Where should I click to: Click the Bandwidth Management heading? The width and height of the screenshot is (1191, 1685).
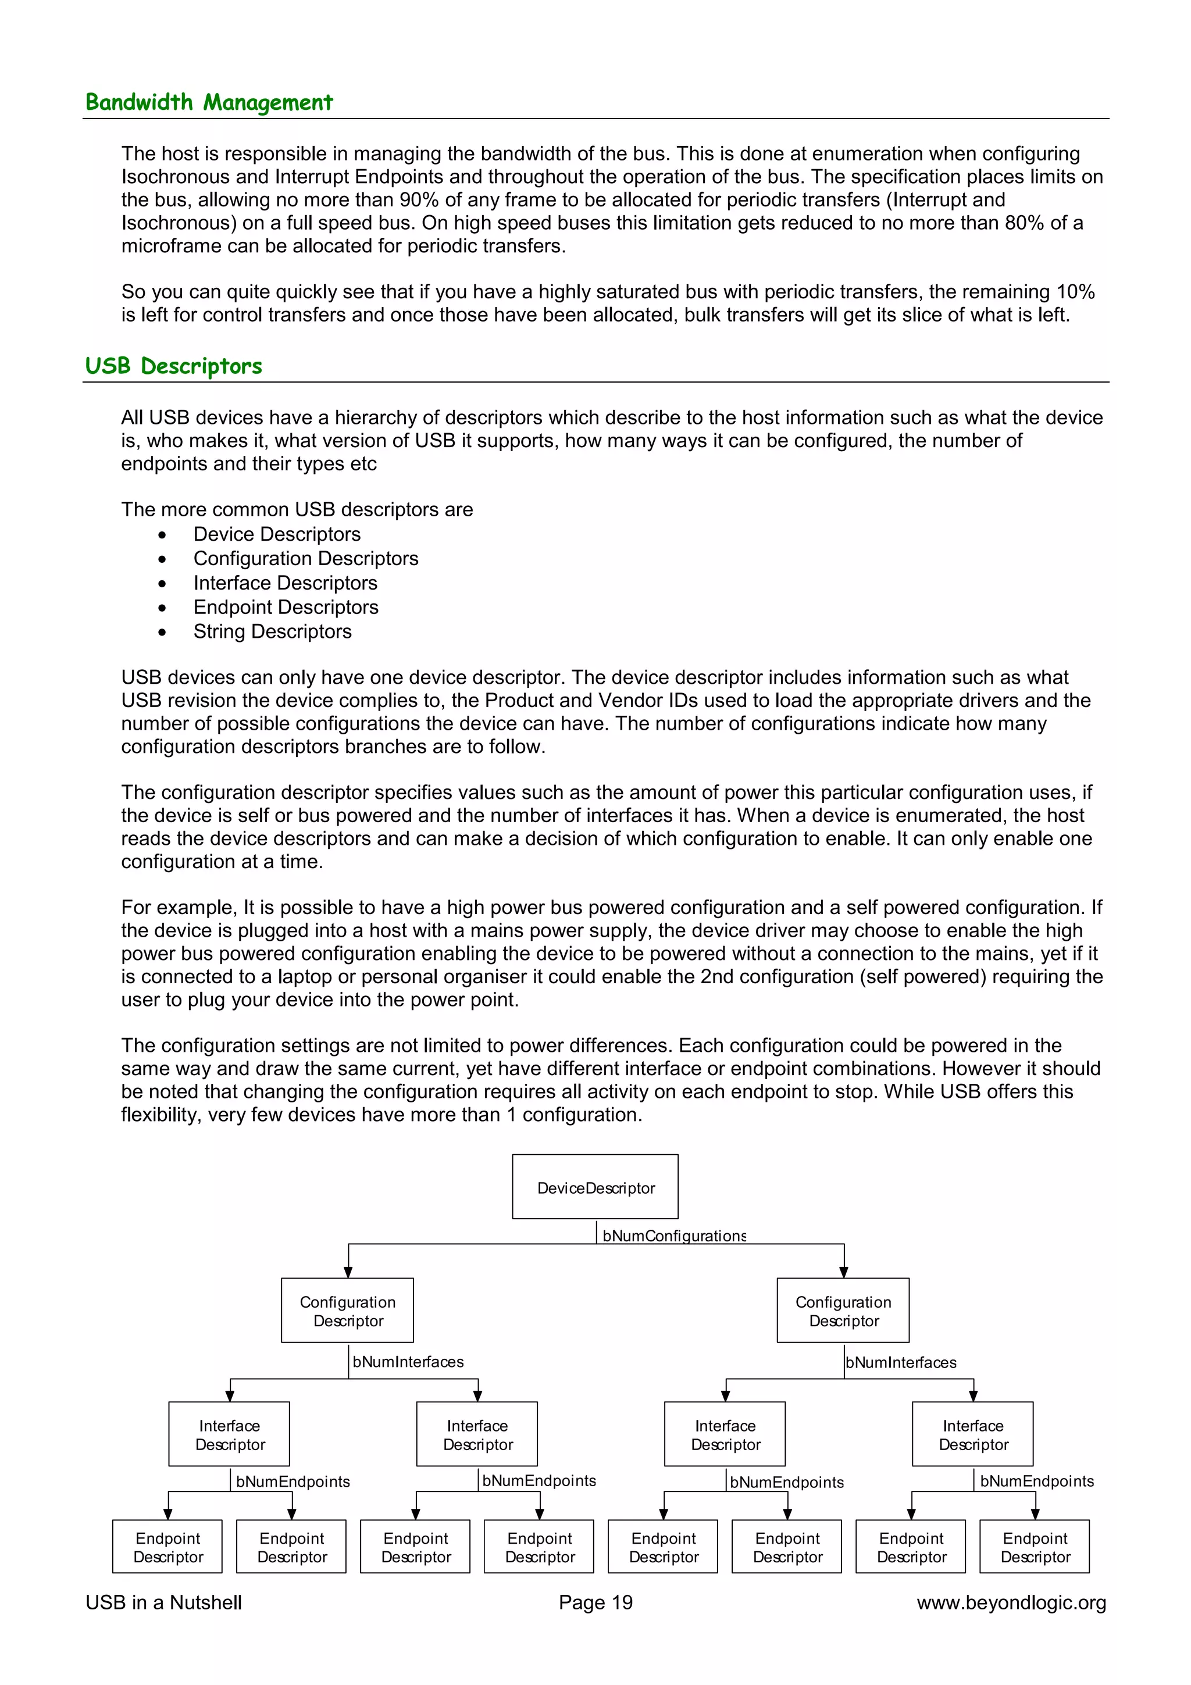209,102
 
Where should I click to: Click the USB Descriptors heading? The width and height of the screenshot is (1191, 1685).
173,366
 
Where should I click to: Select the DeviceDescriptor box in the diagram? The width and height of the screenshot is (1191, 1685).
595,1187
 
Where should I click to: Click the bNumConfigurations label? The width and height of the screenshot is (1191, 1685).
673,1236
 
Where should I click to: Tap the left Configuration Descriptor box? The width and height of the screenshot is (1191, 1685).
347,1310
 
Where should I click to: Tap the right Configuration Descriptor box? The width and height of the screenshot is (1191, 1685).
843,1310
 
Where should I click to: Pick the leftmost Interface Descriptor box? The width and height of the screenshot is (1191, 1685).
229,1434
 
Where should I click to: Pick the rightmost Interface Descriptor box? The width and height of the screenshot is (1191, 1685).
972,1434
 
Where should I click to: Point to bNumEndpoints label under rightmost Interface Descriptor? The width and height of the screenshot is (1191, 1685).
1036,1481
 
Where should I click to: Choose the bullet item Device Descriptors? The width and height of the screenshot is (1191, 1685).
277,534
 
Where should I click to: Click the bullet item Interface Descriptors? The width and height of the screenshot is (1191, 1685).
285,583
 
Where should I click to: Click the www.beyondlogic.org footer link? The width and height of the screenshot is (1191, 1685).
1011,1603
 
